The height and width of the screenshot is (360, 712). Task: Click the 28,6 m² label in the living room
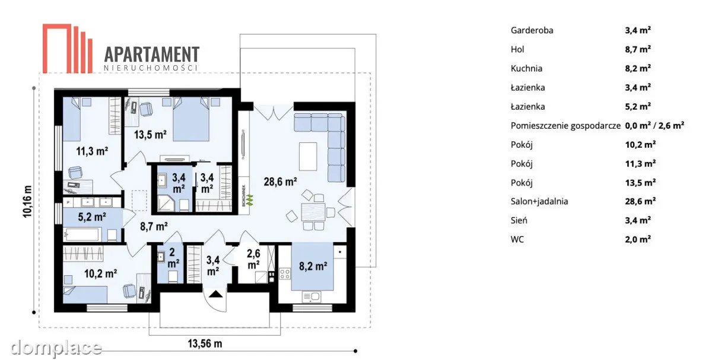(280, 181)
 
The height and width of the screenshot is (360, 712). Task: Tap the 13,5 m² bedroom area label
(150, 135)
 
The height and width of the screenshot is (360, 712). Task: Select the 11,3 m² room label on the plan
(92, 151)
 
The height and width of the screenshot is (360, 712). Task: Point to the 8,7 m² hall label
(154, 226)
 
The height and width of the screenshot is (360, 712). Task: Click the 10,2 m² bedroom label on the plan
(100, 273)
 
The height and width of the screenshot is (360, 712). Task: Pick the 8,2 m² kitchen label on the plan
(313, 266)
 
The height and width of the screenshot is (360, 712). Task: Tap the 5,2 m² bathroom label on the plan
(92, 217)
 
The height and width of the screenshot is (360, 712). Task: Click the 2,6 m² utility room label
(253, 259)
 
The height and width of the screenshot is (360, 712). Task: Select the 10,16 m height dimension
(28, 202)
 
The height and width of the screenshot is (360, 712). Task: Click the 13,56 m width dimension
(205, 343)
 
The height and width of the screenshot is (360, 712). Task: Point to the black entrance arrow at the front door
(215, 294)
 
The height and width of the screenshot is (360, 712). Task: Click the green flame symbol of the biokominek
(250, 199)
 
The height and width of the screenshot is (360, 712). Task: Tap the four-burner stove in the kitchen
(284, 273)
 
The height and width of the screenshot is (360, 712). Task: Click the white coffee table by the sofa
(308, 157)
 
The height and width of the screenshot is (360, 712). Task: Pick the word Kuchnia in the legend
(526, 68)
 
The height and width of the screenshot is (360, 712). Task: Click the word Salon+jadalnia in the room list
(539, 202)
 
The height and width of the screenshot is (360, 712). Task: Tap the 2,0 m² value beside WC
(638, 239)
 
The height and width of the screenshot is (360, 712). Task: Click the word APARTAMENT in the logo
(152, 55)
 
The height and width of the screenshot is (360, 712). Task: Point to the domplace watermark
(56, 348)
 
